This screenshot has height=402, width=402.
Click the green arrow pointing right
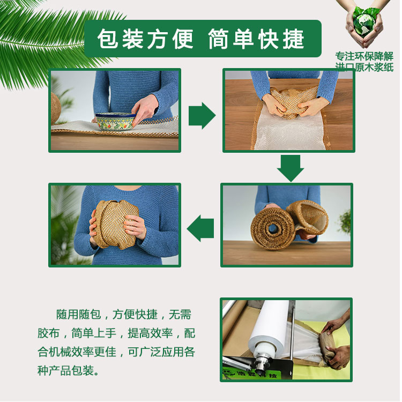(202, 116)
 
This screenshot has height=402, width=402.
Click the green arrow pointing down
(291, 168)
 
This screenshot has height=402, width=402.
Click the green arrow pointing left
(200, 228)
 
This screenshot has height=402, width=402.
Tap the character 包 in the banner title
(108, 39)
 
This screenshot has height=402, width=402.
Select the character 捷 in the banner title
(294, 39)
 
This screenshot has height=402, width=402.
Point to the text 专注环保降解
(364, 56)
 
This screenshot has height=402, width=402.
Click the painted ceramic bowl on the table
(115, 121)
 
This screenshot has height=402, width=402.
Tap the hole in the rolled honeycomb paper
(273, 228)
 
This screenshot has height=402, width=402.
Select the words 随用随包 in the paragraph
(78, 314)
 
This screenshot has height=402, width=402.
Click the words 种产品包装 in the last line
(65, 370)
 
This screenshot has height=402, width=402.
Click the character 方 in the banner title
(158, 39)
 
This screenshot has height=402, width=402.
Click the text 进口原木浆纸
(364, 67)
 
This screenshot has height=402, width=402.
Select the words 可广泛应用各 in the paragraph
(161, 352)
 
